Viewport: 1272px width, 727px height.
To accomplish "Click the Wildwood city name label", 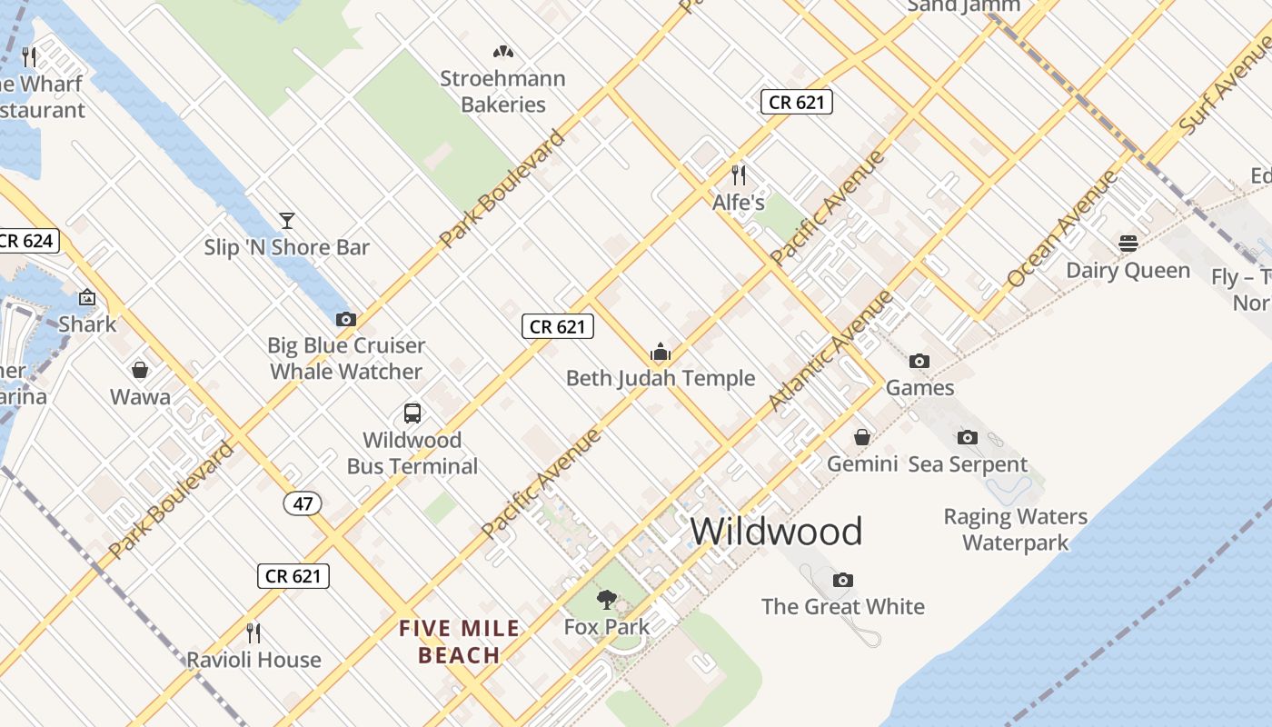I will pyautogui.click(x=776, y=532).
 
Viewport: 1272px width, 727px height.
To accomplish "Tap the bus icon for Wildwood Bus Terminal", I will pyautogui.click(x=412, y=413).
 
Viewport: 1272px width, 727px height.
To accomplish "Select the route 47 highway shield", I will pyautogui.click(x=303, y=503).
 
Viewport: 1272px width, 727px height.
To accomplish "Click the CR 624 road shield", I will pyautogui.click(x=27, y=241).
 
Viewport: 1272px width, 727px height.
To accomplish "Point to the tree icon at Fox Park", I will pyautogui.click(x=607, y=600).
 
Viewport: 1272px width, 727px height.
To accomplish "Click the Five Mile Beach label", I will pyautogui.click(x=460, y=642).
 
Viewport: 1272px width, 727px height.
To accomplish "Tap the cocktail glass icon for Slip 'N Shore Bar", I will pyautogui.click(x=287, y=220).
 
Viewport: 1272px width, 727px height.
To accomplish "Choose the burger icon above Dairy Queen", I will pyautogui.click(x=1128, y=244).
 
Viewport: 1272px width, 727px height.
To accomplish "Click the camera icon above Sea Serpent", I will pyautogui.click(x=968, y=438).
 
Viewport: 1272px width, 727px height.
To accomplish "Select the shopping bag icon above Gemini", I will pyautogui.click(x=862, y=438).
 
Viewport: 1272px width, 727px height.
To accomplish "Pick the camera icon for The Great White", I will pyautogui.click(x=843, y=580).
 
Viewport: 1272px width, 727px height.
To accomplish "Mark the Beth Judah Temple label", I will pyautogui.click(x=661, y=378).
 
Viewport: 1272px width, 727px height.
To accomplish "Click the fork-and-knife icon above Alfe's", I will pyautogui.click(x=739, y=174).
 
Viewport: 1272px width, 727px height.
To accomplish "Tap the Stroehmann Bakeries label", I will pyautogui.click(x=502, y=92).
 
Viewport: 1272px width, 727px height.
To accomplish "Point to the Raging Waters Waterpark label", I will pyautogui.click(x=1015, y=530).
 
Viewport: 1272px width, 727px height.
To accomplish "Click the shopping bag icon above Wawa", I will pyautogui.click(x=140, y=370).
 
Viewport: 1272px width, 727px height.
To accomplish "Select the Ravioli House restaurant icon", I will pyautogui.click(x=253, y=632).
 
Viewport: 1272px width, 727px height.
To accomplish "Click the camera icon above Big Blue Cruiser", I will pyautogui.click(x=346, y=319).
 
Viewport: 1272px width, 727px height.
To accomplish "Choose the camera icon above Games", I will pyautogui.click(x=919, y=362).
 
